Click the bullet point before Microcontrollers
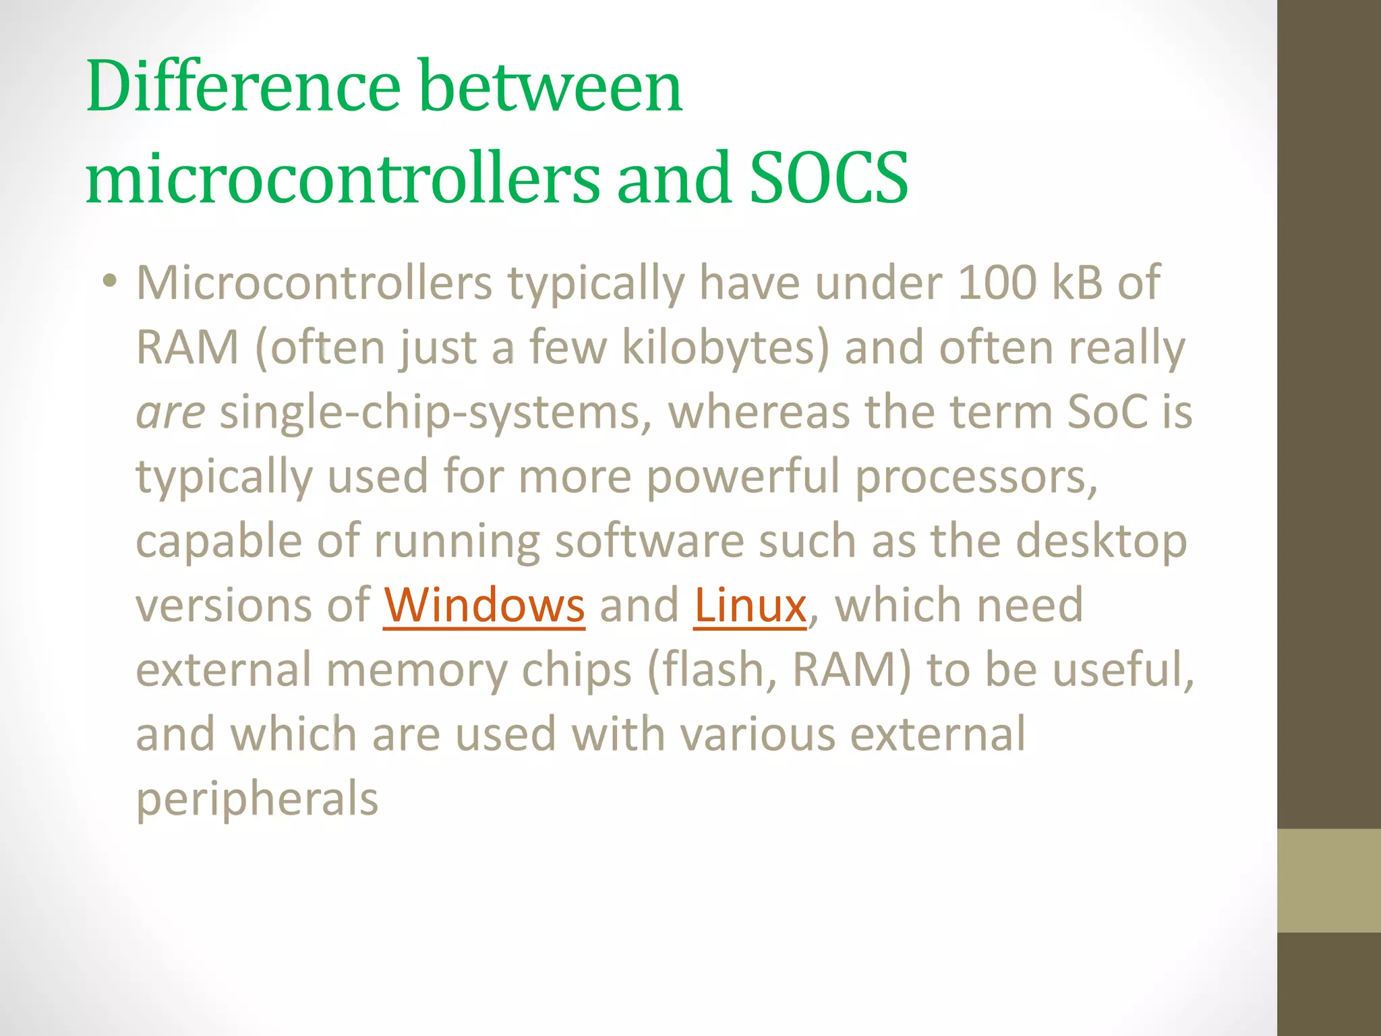110,281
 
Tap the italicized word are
170,412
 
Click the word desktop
1101,541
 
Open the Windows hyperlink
484,605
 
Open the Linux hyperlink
750,605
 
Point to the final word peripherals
257,799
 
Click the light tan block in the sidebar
1328,880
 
